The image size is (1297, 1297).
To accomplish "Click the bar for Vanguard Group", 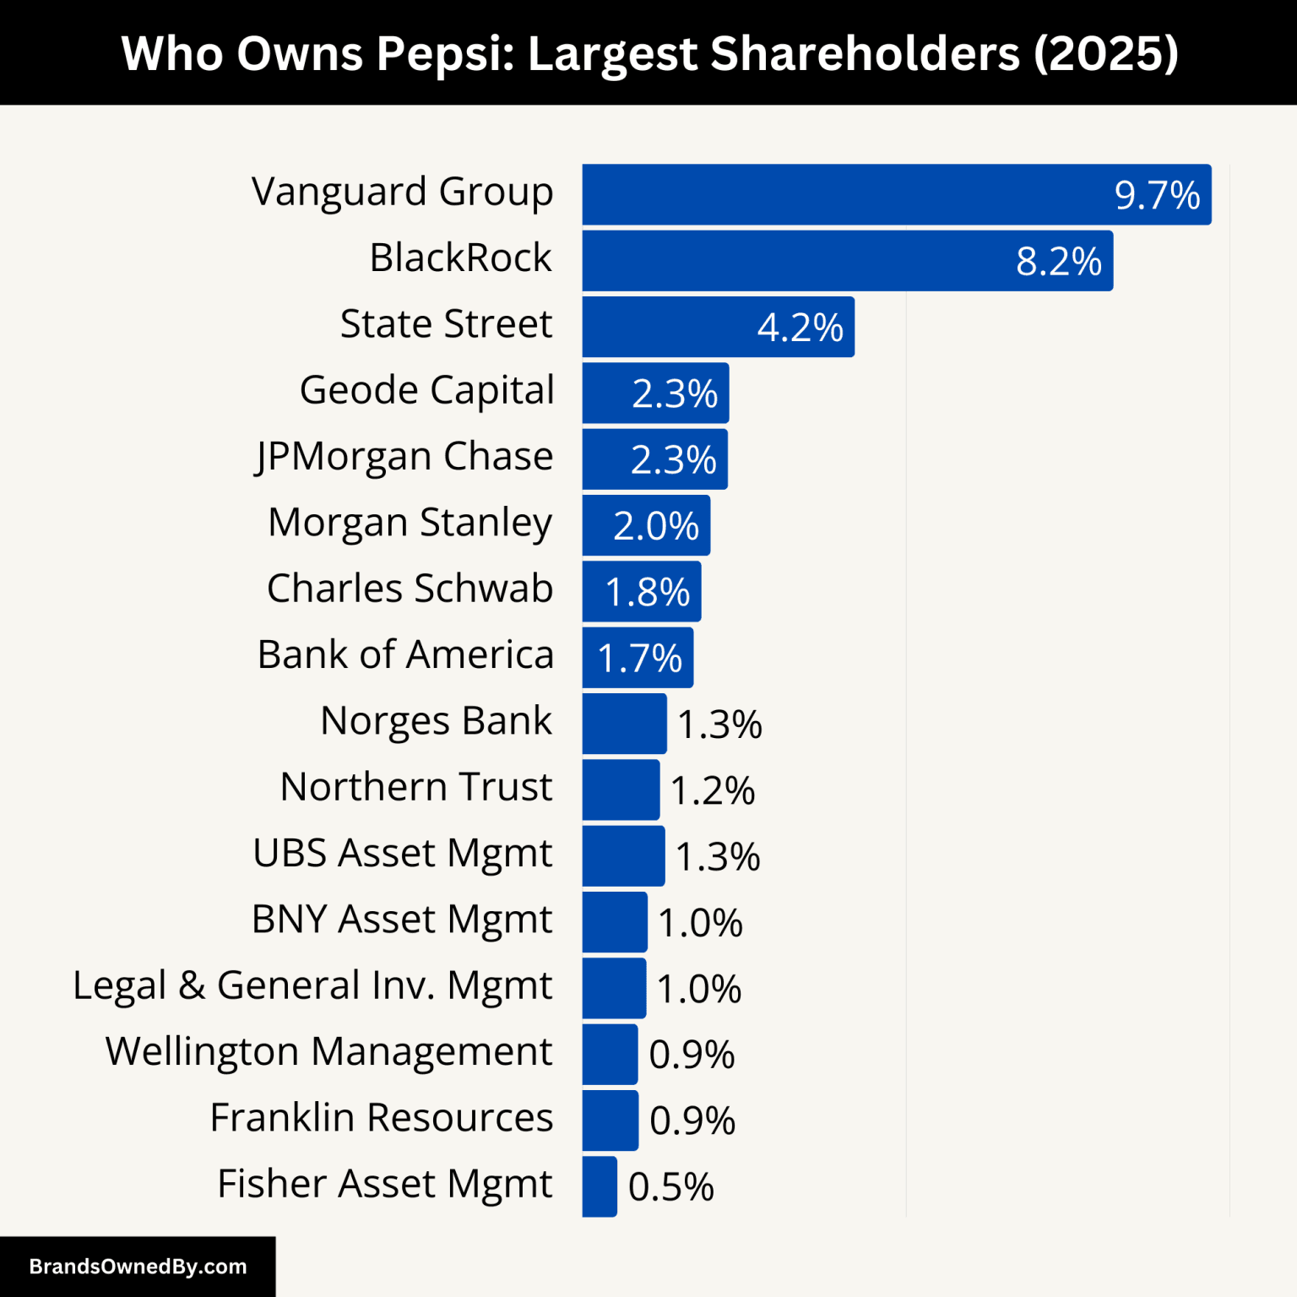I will (x=844, y=195).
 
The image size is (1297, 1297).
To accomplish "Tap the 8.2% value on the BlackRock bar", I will (x=1059, y=262).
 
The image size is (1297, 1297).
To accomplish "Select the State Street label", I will (x=446, y=324).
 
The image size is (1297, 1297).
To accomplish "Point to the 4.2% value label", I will (x=800, y=328).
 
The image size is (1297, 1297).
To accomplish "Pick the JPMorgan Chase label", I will (x=404, y=457).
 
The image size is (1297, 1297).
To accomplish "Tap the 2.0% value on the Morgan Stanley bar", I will (x=656, y=526).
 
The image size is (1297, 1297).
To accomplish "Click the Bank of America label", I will (x=405, y=655).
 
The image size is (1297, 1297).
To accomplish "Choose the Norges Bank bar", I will (x=624, y=724).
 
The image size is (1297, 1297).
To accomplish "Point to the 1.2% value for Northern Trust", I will (x=713, y=791).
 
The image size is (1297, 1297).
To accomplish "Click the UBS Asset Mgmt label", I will (x=403, y=854).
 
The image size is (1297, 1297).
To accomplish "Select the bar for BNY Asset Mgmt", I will (x=615, y=922).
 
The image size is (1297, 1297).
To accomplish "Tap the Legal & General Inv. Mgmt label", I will (x=312, y=986).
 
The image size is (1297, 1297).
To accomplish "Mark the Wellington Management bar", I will (x=610, y=1055).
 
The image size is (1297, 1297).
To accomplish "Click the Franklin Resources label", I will (x=382, y=1118).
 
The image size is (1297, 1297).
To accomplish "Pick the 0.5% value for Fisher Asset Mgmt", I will (x=671, y=1187).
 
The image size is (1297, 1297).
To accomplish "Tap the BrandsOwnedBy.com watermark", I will (x=138, y=1267).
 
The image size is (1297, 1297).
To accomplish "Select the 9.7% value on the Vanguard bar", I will (x=1157, y=196).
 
